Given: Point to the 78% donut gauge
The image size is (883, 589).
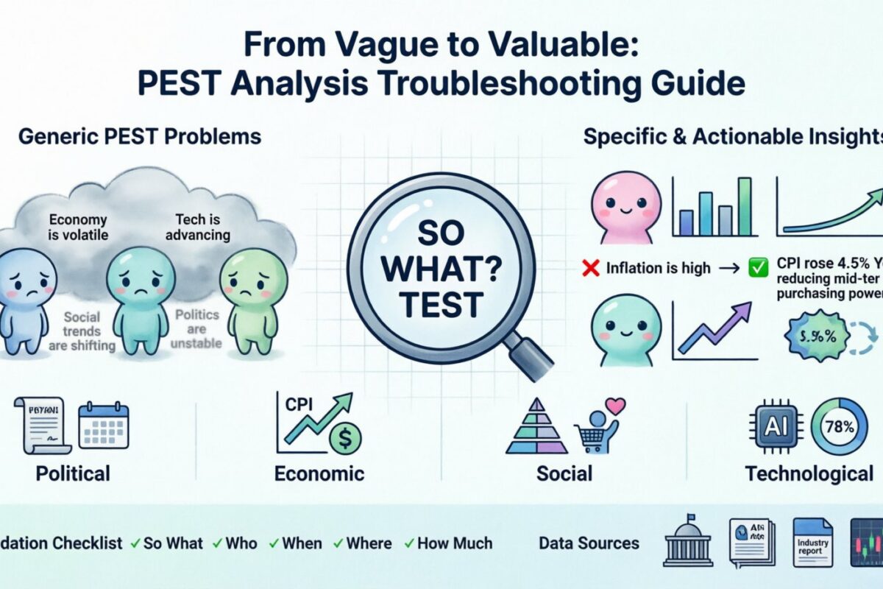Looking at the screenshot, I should (839, 426).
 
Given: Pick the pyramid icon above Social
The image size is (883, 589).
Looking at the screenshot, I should (536, 431).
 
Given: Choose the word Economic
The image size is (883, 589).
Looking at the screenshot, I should (319, 473).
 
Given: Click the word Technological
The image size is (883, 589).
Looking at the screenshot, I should (809, 473).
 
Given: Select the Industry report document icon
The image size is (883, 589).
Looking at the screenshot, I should (812, 543).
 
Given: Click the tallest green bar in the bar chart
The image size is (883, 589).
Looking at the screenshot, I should (745, 206).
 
